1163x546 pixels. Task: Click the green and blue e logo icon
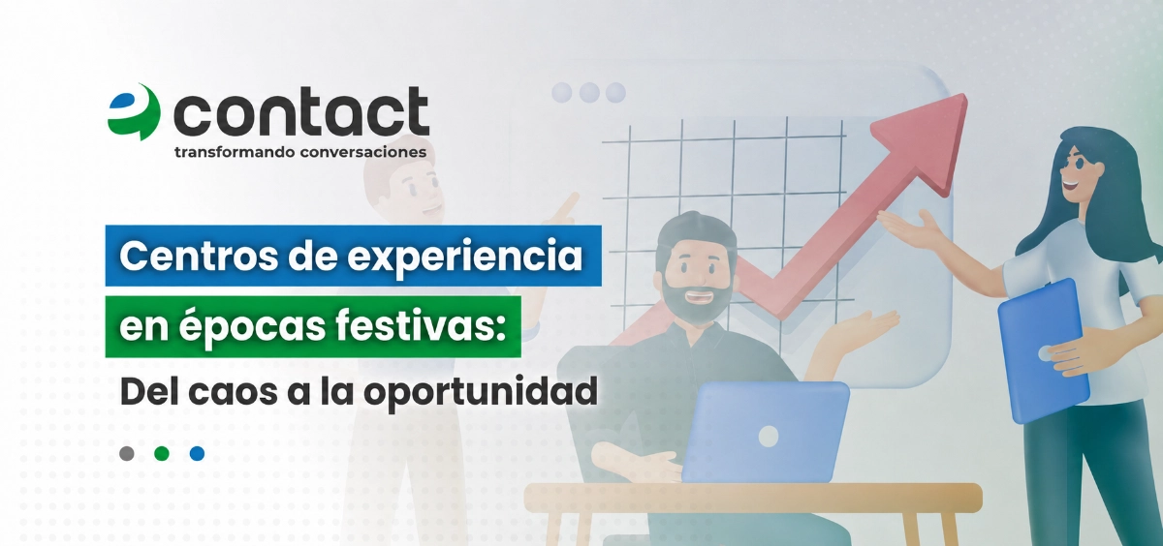coord(134,111)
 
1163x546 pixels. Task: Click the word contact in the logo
coord(300,112)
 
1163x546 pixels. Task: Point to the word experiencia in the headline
coord(464,257)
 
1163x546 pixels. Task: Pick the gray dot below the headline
coord(127,454)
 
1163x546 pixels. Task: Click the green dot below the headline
coord(162,454)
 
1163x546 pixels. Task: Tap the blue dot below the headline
coord(198,454)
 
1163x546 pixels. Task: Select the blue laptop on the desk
coord(765,432)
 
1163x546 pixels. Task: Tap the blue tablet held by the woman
coord(1043,350)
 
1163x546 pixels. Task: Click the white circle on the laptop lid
coord(769,437)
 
